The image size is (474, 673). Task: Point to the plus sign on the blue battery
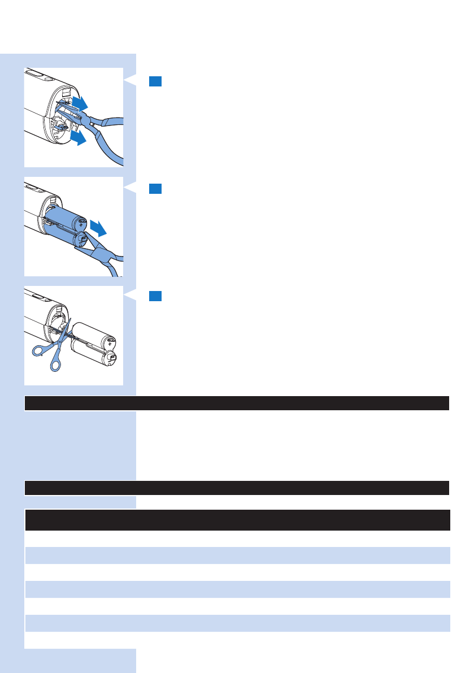[x=81, y=224]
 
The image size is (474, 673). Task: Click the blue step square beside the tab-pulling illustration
[x=156, y=81]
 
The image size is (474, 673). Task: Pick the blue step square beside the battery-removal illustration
[x=156, y=189]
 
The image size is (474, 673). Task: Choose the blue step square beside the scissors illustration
[x=156, y=296]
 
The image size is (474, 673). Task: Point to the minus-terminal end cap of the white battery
[x=111, y=358]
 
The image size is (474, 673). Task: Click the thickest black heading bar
[x=237, y=519]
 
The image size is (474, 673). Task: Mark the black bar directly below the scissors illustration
[x=237, y=403]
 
